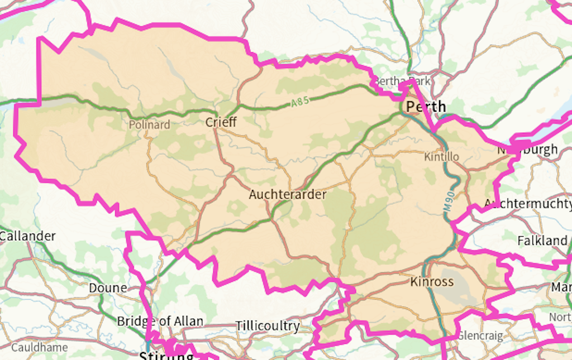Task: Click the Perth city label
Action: [426, 106]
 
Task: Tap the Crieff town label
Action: [221, 122]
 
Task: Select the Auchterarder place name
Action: [288, 194]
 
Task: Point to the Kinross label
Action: [432, 281]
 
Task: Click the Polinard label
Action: [149, 124]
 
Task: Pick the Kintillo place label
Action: [441, 157]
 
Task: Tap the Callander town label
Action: [27, 236]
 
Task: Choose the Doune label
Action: [108, 288]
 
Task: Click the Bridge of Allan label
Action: [160, 321]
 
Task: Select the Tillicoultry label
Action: [268, 325]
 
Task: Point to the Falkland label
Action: [542, 241]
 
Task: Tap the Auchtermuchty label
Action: [527, 204]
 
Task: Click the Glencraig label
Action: [480, 335]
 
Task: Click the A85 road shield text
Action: [299, 102]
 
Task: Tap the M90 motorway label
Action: [449, 199]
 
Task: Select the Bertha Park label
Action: [402, 81]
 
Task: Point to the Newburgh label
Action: [527, 150]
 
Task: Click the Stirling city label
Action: [166, 356]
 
